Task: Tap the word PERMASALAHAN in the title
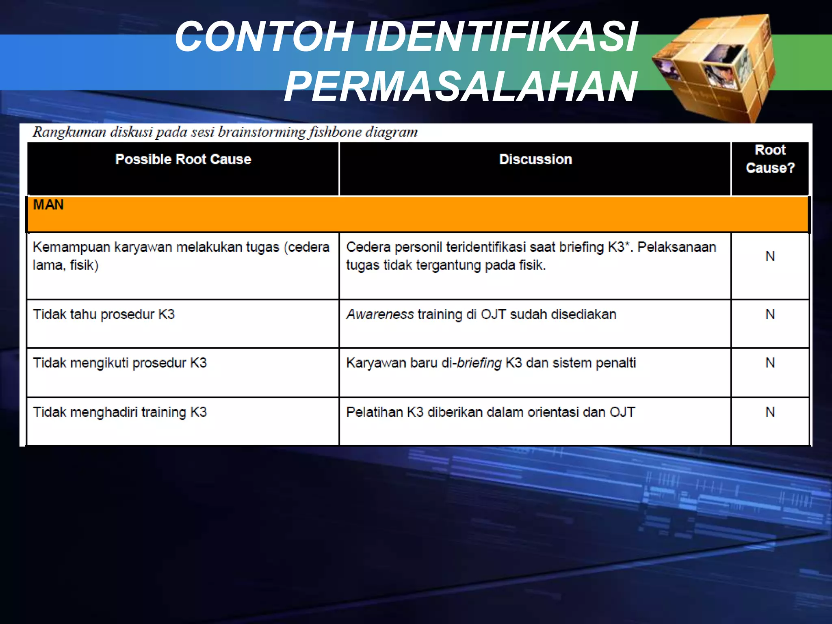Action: [460, 87]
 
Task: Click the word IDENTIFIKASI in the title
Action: [501, 37]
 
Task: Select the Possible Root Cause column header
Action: [183, 159]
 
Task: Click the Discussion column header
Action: [535, 159]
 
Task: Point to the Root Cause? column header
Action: [770, 159]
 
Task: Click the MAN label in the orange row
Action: [48, 205]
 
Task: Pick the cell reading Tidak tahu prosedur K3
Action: [104, 314]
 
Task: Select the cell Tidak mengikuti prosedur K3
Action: [119, 363]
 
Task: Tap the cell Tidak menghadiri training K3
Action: [119, 412]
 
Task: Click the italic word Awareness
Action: [380, 314]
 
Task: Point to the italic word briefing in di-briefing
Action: [479, 363]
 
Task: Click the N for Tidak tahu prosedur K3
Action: [770, 314]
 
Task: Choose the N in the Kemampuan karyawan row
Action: [770, 256]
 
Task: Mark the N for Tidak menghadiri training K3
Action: [770, 412]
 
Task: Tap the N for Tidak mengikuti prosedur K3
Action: [770, 363]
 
